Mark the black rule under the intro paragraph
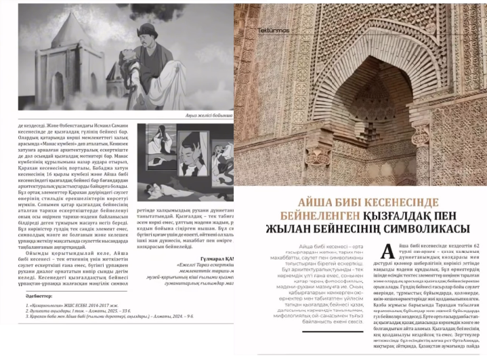336,324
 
